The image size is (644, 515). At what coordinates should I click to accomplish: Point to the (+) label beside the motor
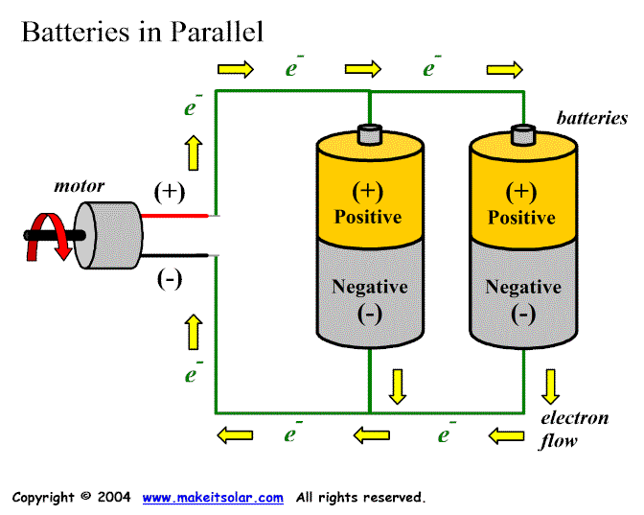click(x=170, y=191)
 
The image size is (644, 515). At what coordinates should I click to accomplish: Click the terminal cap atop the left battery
click(x=370, y=133)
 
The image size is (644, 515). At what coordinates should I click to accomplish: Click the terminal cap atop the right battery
click(x=522, y=134)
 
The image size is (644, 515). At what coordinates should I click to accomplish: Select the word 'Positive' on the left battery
click(x=368, y=217)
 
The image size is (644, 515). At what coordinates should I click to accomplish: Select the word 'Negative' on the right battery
click(x=522, y=287)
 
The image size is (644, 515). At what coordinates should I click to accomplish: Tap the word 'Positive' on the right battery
click(x=522, y=218)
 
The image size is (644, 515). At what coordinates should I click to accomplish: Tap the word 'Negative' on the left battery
click(x=369, y=287)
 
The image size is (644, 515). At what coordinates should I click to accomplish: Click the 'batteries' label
click(x=592, y=118)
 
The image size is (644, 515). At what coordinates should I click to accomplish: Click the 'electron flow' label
click(x=574, y=429)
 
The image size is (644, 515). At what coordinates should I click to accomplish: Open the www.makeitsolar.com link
click(x=213, y=497)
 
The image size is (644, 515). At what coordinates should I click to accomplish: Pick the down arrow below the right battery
click(x=550, y=386)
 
